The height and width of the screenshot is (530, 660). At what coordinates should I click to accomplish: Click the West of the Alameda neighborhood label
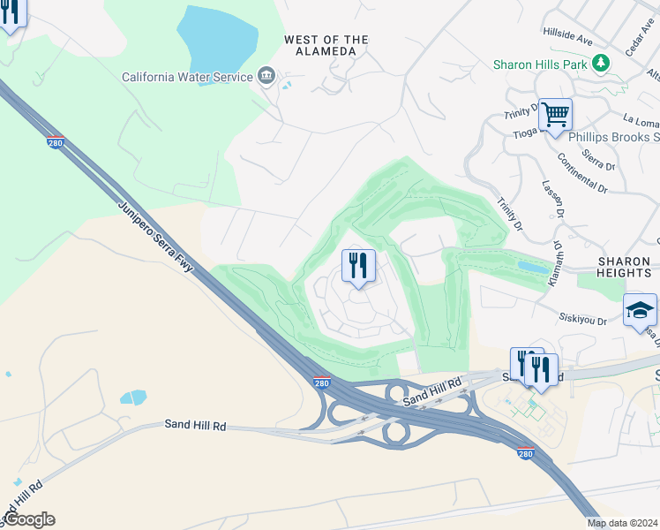326,46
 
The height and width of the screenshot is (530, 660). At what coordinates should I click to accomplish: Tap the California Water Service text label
188,78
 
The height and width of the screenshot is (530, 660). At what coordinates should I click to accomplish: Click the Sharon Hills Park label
540,64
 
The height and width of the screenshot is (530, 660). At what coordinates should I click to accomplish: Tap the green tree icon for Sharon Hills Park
601,63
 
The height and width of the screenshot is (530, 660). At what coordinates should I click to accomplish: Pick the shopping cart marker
555,114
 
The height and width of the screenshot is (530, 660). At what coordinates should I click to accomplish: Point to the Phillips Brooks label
614,137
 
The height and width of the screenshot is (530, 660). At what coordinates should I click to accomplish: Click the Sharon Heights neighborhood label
625,268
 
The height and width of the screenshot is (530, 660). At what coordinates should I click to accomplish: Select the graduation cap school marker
640,310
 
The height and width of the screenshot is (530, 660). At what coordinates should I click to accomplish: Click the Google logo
29,519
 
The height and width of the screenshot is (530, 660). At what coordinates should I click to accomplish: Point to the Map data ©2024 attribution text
622,523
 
